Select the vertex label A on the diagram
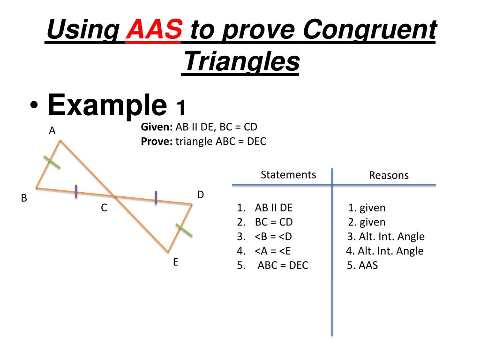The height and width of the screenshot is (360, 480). (52, 131)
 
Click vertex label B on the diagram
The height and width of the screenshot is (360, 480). (24, 198)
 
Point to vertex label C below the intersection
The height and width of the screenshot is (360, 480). (104, 208)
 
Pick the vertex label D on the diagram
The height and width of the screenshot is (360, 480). (200, 195)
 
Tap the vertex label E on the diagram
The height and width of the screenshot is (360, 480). (176, 262)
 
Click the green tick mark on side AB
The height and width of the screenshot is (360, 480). (52, 162)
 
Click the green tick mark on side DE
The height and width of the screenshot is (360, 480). (184, 230)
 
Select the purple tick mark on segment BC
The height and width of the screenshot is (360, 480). (76, 191)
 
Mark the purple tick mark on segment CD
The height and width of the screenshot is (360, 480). (156, 198)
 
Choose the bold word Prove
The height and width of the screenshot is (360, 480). (157, 142)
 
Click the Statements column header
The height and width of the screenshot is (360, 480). (288, 175)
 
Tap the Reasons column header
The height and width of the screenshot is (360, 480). (389, 175)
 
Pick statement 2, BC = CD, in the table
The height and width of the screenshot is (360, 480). (274, 222)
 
